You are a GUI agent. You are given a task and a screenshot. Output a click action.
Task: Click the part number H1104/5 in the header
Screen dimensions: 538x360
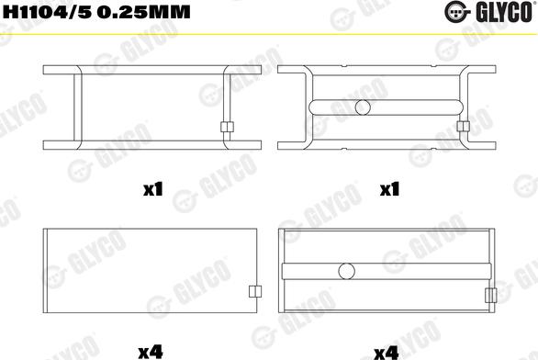47,12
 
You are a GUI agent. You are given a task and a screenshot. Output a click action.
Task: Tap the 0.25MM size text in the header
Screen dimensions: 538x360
143,12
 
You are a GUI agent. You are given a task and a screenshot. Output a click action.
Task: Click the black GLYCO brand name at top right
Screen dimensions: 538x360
504,12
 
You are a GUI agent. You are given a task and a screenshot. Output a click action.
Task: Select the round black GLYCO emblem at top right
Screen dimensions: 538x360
456,12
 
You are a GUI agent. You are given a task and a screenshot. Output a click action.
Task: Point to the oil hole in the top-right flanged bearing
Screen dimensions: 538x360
363,107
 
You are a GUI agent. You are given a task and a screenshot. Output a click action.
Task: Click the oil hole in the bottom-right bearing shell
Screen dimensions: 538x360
346,271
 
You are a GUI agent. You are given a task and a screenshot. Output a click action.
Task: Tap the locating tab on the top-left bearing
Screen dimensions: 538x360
227,127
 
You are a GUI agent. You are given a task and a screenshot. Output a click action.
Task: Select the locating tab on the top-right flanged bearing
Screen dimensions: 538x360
464,127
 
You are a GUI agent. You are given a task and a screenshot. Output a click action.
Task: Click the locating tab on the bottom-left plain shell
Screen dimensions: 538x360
255,291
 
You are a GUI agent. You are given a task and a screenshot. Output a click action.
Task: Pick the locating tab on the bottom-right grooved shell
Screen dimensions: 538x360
491,295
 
